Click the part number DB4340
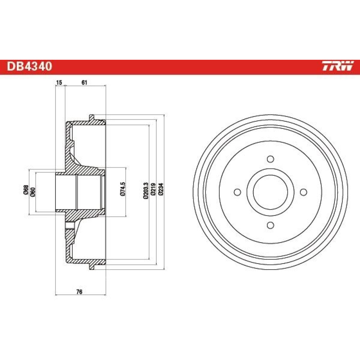(x=30, y=66)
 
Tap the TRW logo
(x=337, y=66)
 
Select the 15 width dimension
(x=59, y=82)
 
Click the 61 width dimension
(x=85, y=82)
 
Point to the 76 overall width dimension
(x=79, y=292)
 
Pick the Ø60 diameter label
(x=33, y=192)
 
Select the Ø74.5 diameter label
(x=123, y=189)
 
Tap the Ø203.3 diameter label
(x=146, y=190)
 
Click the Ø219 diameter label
(x=153, y=189)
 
